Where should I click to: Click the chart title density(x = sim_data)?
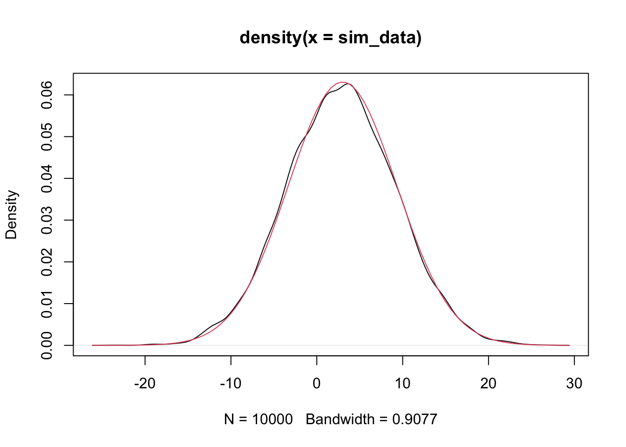(x=330, y=37)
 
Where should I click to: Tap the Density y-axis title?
(x=11, y=215)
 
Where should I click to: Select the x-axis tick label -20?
(x=144, y=384)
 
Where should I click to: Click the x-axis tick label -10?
(x=231, y=384)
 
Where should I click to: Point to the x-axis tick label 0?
(x=317, y=384)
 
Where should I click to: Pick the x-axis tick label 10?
(x=402, y=384)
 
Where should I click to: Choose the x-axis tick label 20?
(x=488, y=384)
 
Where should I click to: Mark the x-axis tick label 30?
(x=574, y=384)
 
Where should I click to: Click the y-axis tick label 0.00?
(x=47, y=345)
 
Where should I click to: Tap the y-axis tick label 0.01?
(x=47, y=304)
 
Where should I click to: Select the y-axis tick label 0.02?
(x=47, y=262)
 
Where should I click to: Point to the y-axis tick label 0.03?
(x=47, y=220)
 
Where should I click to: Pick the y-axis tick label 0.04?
(x=47, y=178)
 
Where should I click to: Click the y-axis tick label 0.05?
(x=47, y=136)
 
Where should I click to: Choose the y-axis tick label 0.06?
(x=47, y=95)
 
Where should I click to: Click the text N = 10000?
(x=259, y=420)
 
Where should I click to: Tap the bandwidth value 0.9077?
(x=415, y=420)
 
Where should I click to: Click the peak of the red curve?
(x=342, y=82)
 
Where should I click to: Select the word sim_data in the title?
(x=376, y=38)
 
